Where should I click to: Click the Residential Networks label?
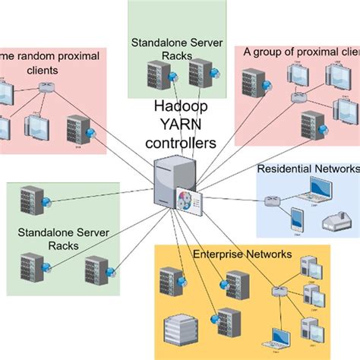pyautogui.click(x=307, y=169)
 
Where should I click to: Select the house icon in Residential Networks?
pyautogui.click(x=334, y=220)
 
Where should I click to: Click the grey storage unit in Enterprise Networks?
pyautogui.click(x=182, y=329)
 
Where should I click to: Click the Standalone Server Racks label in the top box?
pyautogui.click(x=176, y=44)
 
